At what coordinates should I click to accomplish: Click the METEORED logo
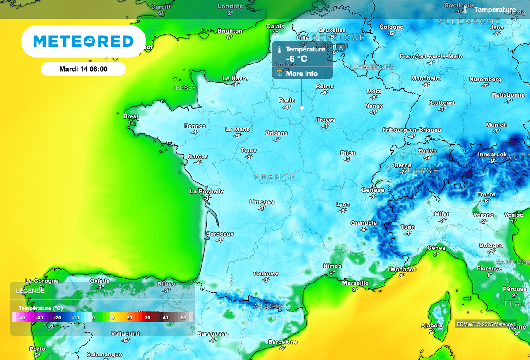(83, 41)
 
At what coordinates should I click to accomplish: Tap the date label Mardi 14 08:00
(83, 69)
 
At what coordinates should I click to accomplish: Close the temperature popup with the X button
(341, 48)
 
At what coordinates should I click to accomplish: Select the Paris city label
(287, 100)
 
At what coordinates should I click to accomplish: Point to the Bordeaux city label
(220, 234)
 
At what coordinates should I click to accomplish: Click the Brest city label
(131, 116)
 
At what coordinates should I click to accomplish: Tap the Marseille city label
(355, 283)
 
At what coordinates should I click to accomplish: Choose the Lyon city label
(343, 204)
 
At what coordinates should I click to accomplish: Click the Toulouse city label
(266, 273)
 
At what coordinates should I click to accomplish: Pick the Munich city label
(496, 125)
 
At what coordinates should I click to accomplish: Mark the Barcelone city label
(283, 342)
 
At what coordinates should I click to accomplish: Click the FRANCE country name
(275, 177)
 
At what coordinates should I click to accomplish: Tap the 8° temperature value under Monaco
(402, 275)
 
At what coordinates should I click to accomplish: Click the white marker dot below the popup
(302, 108)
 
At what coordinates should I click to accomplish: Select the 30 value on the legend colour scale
(147, 317)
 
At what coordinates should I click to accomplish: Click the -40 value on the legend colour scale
(22, 317)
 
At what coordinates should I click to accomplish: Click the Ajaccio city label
(432, 326)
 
